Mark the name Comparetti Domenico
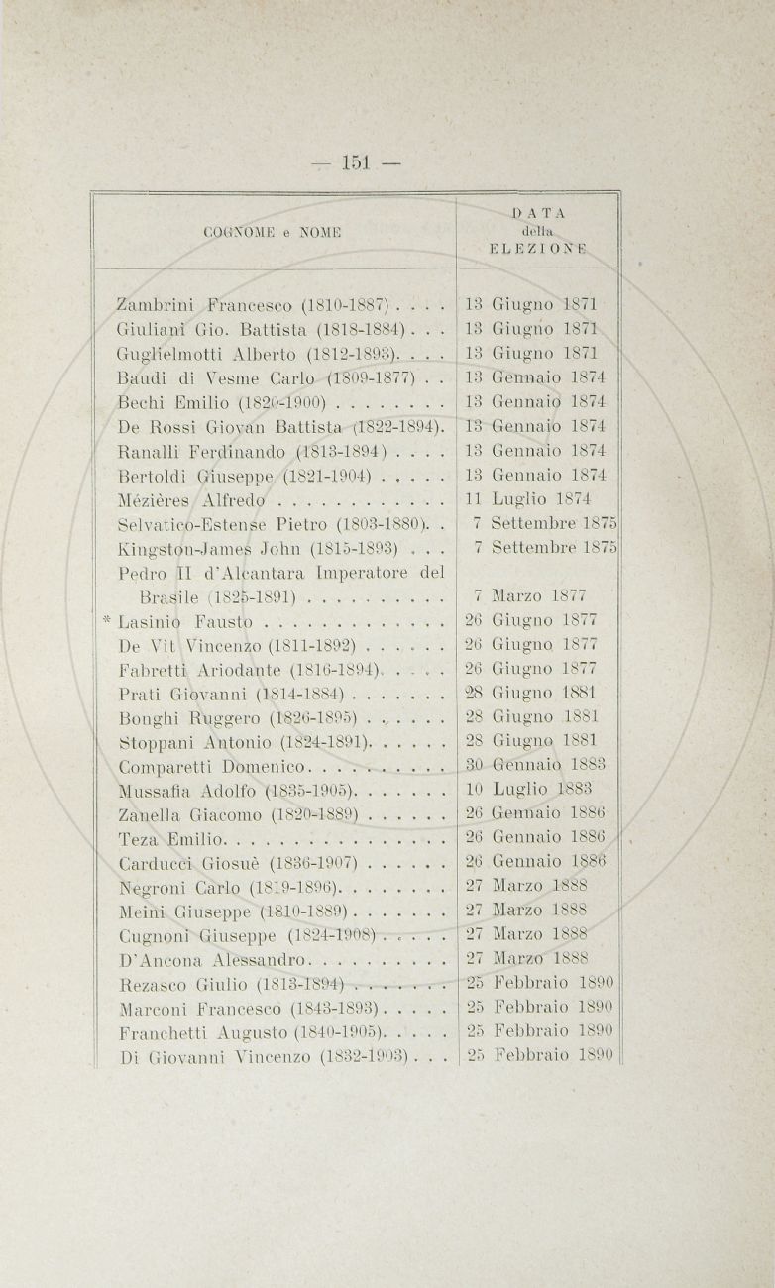(x=213, y=766)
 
